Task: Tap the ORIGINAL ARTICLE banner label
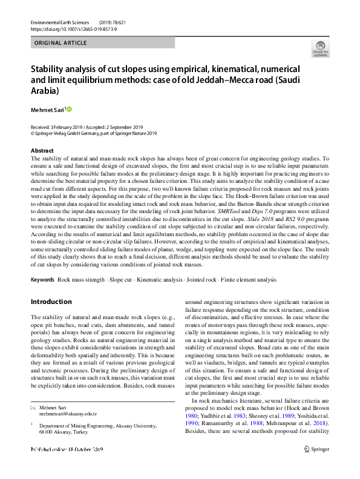coord(61,43)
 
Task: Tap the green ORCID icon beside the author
coord(69,109)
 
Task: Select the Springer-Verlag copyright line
coord(93,133)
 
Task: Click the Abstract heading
coord(42,150)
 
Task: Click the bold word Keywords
coord(43,280)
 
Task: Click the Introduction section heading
coord(51,302)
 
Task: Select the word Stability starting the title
coord(48,70)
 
